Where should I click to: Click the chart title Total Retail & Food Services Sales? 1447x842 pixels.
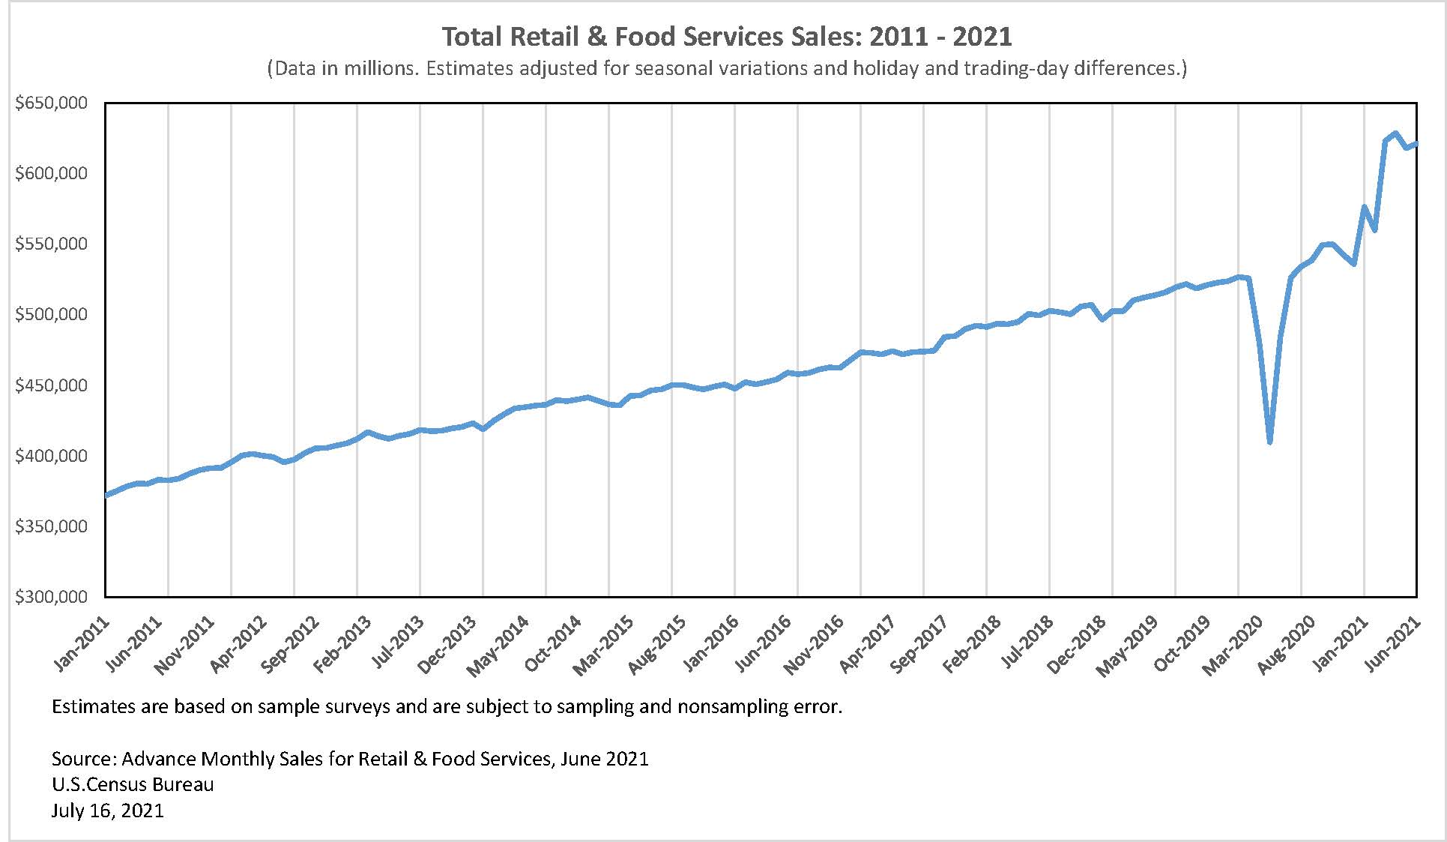(x=725, y=36)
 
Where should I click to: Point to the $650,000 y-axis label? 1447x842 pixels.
(x=51, y=103)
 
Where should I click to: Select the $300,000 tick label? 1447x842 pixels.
(x=51, y=597)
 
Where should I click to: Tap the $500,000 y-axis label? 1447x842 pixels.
(x=51, y=314)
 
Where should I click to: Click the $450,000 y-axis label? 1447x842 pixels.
(x=51, y=385)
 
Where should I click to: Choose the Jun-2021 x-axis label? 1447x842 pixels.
(x=1394, y=643)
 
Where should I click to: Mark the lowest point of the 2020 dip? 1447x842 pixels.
(x=1270, y=442)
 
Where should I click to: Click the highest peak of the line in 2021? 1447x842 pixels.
(x=1395, y=133)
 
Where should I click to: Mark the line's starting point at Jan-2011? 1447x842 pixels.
(x=106, y=495)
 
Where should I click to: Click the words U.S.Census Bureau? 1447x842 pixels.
(x=133, y=784)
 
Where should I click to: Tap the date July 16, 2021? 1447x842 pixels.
(x=107, y=811)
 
